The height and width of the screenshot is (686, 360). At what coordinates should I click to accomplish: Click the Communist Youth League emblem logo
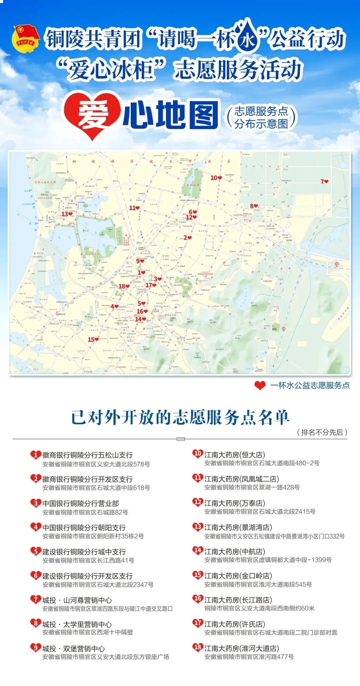pyautogui.click(x=25, y=39)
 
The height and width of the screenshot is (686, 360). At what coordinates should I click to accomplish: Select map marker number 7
pyautogui.click(x=324, y=181)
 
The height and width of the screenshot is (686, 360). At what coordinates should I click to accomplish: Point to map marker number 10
pyautogui.click(x=216, y=178)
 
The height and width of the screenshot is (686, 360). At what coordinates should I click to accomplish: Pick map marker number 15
pyautogui.click(x=93, y=339)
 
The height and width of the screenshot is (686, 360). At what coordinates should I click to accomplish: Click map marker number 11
pyautogui.click(x=134, y=208)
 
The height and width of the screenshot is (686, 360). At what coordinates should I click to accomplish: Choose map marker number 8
pyautogui.click(x=254, y=206)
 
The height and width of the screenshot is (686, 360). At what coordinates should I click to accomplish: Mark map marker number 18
pyautogui.click(x=124, y=286)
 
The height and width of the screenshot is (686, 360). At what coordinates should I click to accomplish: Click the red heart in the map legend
pyautogui.click(x=260, y=385)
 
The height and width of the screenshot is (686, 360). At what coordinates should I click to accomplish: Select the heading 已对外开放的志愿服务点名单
pyautogui.click(x=180, y=417)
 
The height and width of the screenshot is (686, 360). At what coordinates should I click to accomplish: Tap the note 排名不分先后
pyautogui.click(x=322, y=432)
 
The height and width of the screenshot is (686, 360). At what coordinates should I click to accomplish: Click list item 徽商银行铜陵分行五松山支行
pyautogui.click(x=87, y=455)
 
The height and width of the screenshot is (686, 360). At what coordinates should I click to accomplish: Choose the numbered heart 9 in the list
pyautogui.click(x=35, y=648)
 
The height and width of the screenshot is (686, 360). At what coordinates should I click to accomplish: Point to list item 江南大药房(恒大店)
pyautogui.click(x=234, y=455)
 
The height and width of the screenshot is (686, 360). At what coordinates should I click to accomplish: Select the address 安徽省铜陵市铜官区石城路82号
pyautogui.click(x=85, y=512)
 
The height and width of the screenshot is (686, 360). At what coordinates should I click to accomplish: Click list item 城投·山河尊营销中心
pyautogui.click(x=77, y=600)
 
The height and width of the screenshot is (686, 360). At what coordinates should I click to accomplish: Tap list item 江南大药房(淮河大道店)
pyautogui.click(x=241, y=648)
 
